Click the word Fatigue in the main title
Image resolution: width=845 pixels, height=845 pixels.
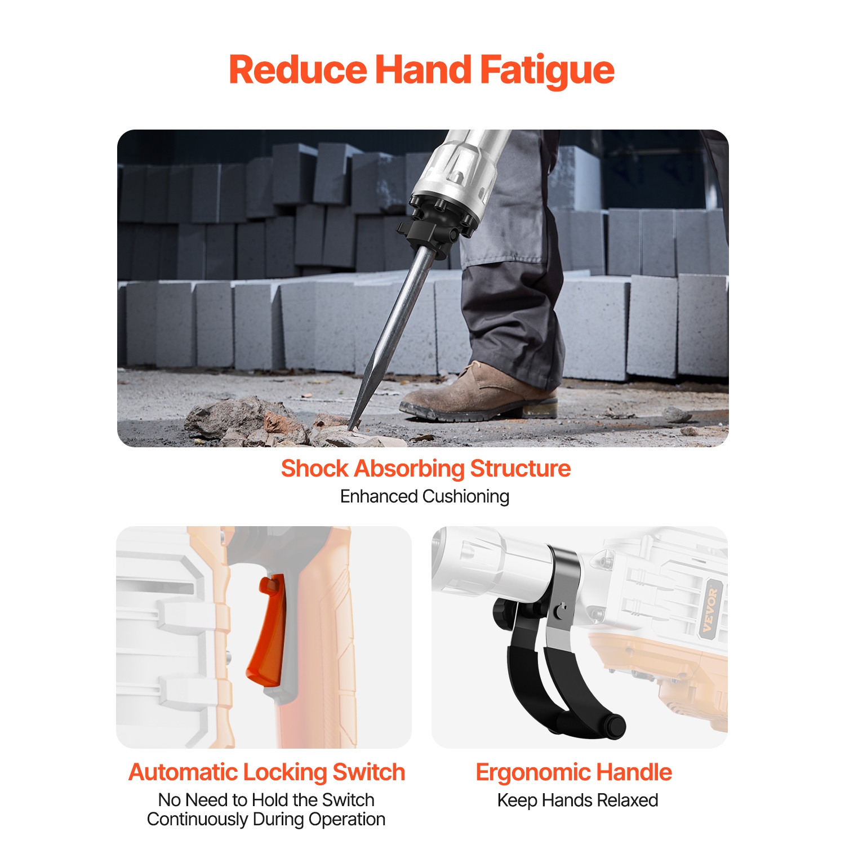[x=546, y=70]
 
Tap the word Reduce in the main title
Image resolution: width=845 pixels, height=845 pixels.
[x=297, y=70]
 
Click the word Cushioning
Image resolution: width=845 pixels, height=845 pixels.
[x=466, y=496]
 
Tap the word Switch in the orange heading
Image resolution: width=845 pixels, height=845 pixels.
[x=368, y=772]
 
